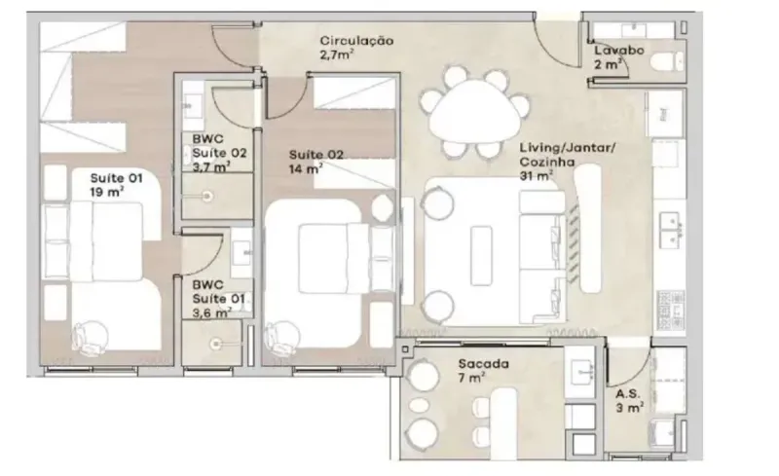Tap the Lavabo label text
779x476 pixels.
pos(619,51)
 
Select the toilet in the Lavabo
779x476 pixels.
pos(667,62)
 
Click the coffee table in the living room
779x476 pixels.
pos(481,255)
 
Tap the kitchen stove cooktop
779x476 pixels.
pos(671,309)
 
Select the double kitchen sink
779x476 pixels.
pos(672,229)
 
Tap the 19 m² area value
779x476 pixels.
pos(107,192)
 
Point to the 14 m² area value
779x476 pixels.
pos(306,169)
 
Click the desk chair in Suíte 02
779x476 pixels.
pos(281,338)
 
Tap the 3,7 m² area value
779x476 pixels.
pos(211,166)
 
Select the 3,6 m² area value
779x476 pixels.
pos(211,312)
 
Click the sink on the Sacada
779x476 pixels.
pos(579,372)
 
